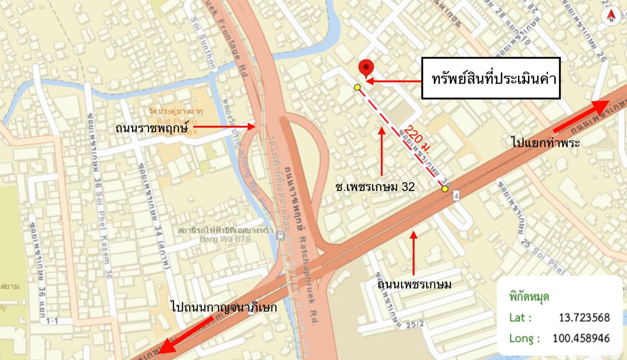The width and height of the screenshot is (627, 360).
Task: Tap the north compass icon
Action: tap(611, 16)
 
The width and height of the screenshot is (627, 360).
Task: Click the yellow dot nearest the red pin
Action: tap(357, 87)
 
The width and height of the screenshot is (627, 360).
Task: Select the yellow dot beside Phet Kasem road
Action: tap(445, 188)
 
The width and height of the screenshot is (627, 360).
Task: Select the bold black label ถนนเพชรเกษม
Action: tap(414, 285)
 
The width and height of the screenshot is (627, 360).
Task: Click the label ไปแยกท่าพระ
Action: tap(546, 143)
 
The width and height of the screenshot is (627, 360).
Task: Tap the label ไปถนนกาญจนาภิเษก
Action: tap(224, 307)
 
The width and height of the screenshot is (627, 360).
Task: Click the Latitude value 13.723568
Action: tap(584, 318)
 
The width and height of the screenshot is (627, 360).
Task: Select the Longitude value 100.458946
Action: tap(581, 338)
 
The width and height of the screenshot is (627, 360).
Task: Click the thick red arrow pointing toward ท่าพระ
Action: tap(581, 117)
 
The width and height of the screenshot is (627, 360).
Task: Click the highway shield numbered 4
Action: tap(456, 196)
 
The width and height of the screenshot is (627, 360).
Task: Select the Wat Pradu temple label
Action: tap(176, 115)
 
